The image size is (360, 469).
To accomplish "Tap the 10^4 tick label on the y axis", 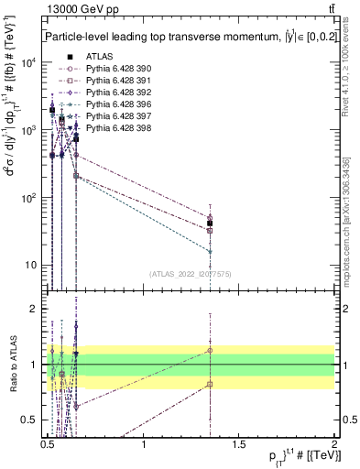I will (27, 63).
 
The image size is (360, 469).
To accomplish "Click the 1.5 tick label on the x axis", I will (240, 445).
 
